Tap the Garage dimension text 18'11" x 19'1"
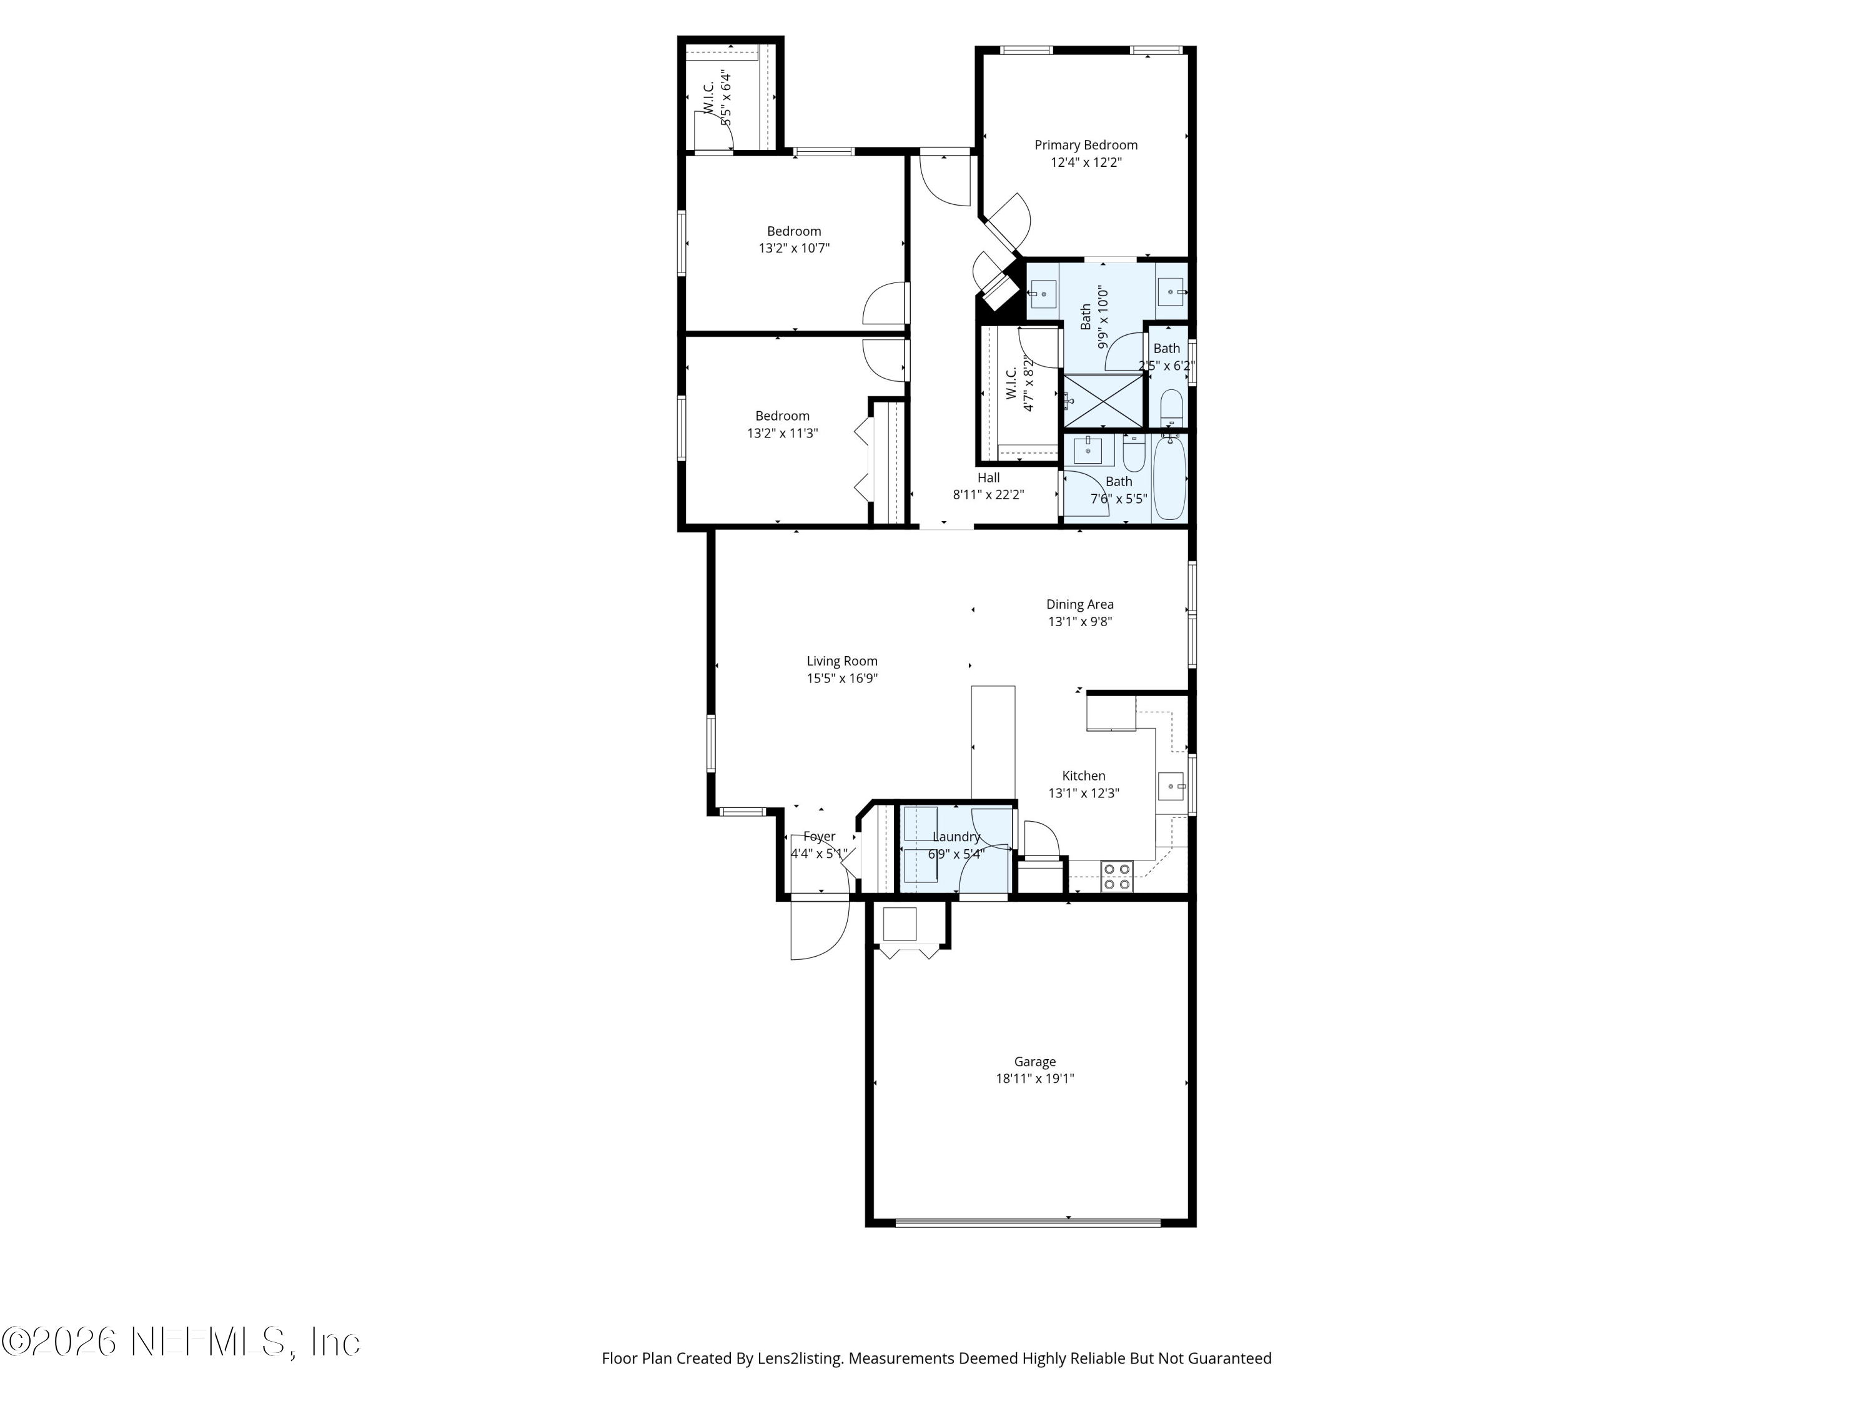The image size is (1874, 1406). point(1034,1079)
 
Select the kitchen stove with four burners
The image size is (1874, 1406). point(1118,876)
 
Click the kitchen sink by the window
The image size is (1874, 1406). point(1172,787)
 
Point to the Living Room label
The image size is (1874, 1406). point(841,661)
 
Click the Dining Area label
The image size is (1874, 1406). point(1079,604)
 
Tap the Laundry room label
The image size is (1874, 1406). point(956,837)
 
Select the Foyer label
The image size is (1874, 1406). point(819,837)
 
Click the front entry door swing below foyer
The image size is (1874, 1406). point(818,930)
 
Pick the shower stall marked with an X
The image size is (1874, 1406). point(1103,401)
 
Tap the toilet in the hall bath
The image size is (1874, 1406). point(1133,454)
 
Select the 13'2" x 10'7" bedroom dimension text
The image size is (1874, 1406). point(794,248)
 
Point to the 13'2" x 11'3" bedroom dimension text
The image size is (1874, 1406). point(782,433)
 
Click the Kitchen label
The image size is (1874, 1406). point(1084,775)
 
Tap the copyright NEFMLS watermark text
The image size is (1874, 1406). point(181,1342)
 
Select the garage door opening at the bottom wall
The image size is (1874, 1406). point(1028,1222)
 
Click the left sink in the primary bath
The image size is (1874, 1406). point(1043,293)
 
